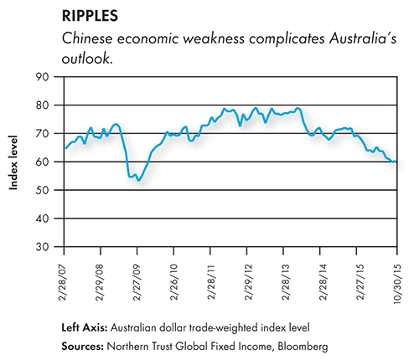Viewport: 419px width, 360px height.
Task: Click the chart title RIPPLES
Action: point(90,16)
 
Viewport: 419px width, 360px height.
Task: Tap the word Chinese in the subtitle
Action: point(87,38)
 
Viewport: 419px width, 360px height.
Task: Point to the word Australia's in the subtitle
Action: point(363,38)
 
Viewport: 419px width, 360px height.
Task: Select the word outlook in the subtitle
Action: point(86,59)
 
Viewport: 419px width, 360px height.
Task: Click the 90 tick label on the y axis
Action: point(42,77)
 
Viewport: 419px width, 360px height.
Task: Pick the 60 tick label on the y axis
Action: point(42,162)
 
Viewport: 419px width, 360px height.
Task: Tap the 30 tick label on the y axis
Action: point(42,247)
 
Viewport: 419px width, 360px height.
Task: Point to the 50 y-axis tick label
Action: point(42,190)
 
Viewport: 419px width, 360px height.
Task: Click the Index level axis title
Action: point(13,162)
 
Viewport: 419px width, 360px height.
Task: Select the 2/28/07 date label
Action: point(63,282)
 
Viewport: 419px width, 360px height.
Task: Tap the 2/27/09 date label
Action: point(137,282)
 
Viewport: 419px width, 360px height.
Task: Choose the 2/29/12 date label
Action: point(248,282)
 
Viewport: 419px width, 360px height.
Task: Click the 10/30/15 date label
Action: point(397,284)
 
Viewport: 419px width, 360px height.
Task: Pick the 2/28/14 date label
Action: point(323,282)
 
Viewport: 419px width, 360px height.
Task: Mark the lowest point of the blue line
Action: point(138,181)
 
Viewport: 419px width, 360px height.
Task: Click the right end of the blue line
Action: point(396,162)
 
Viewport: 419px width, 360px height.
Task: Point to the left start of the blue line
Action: point(65,148)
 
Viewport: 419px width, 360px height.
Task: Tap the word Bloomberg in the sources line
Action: point(303,347)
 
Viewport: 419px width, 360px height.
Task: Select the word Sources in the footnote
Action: point(83,347)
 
